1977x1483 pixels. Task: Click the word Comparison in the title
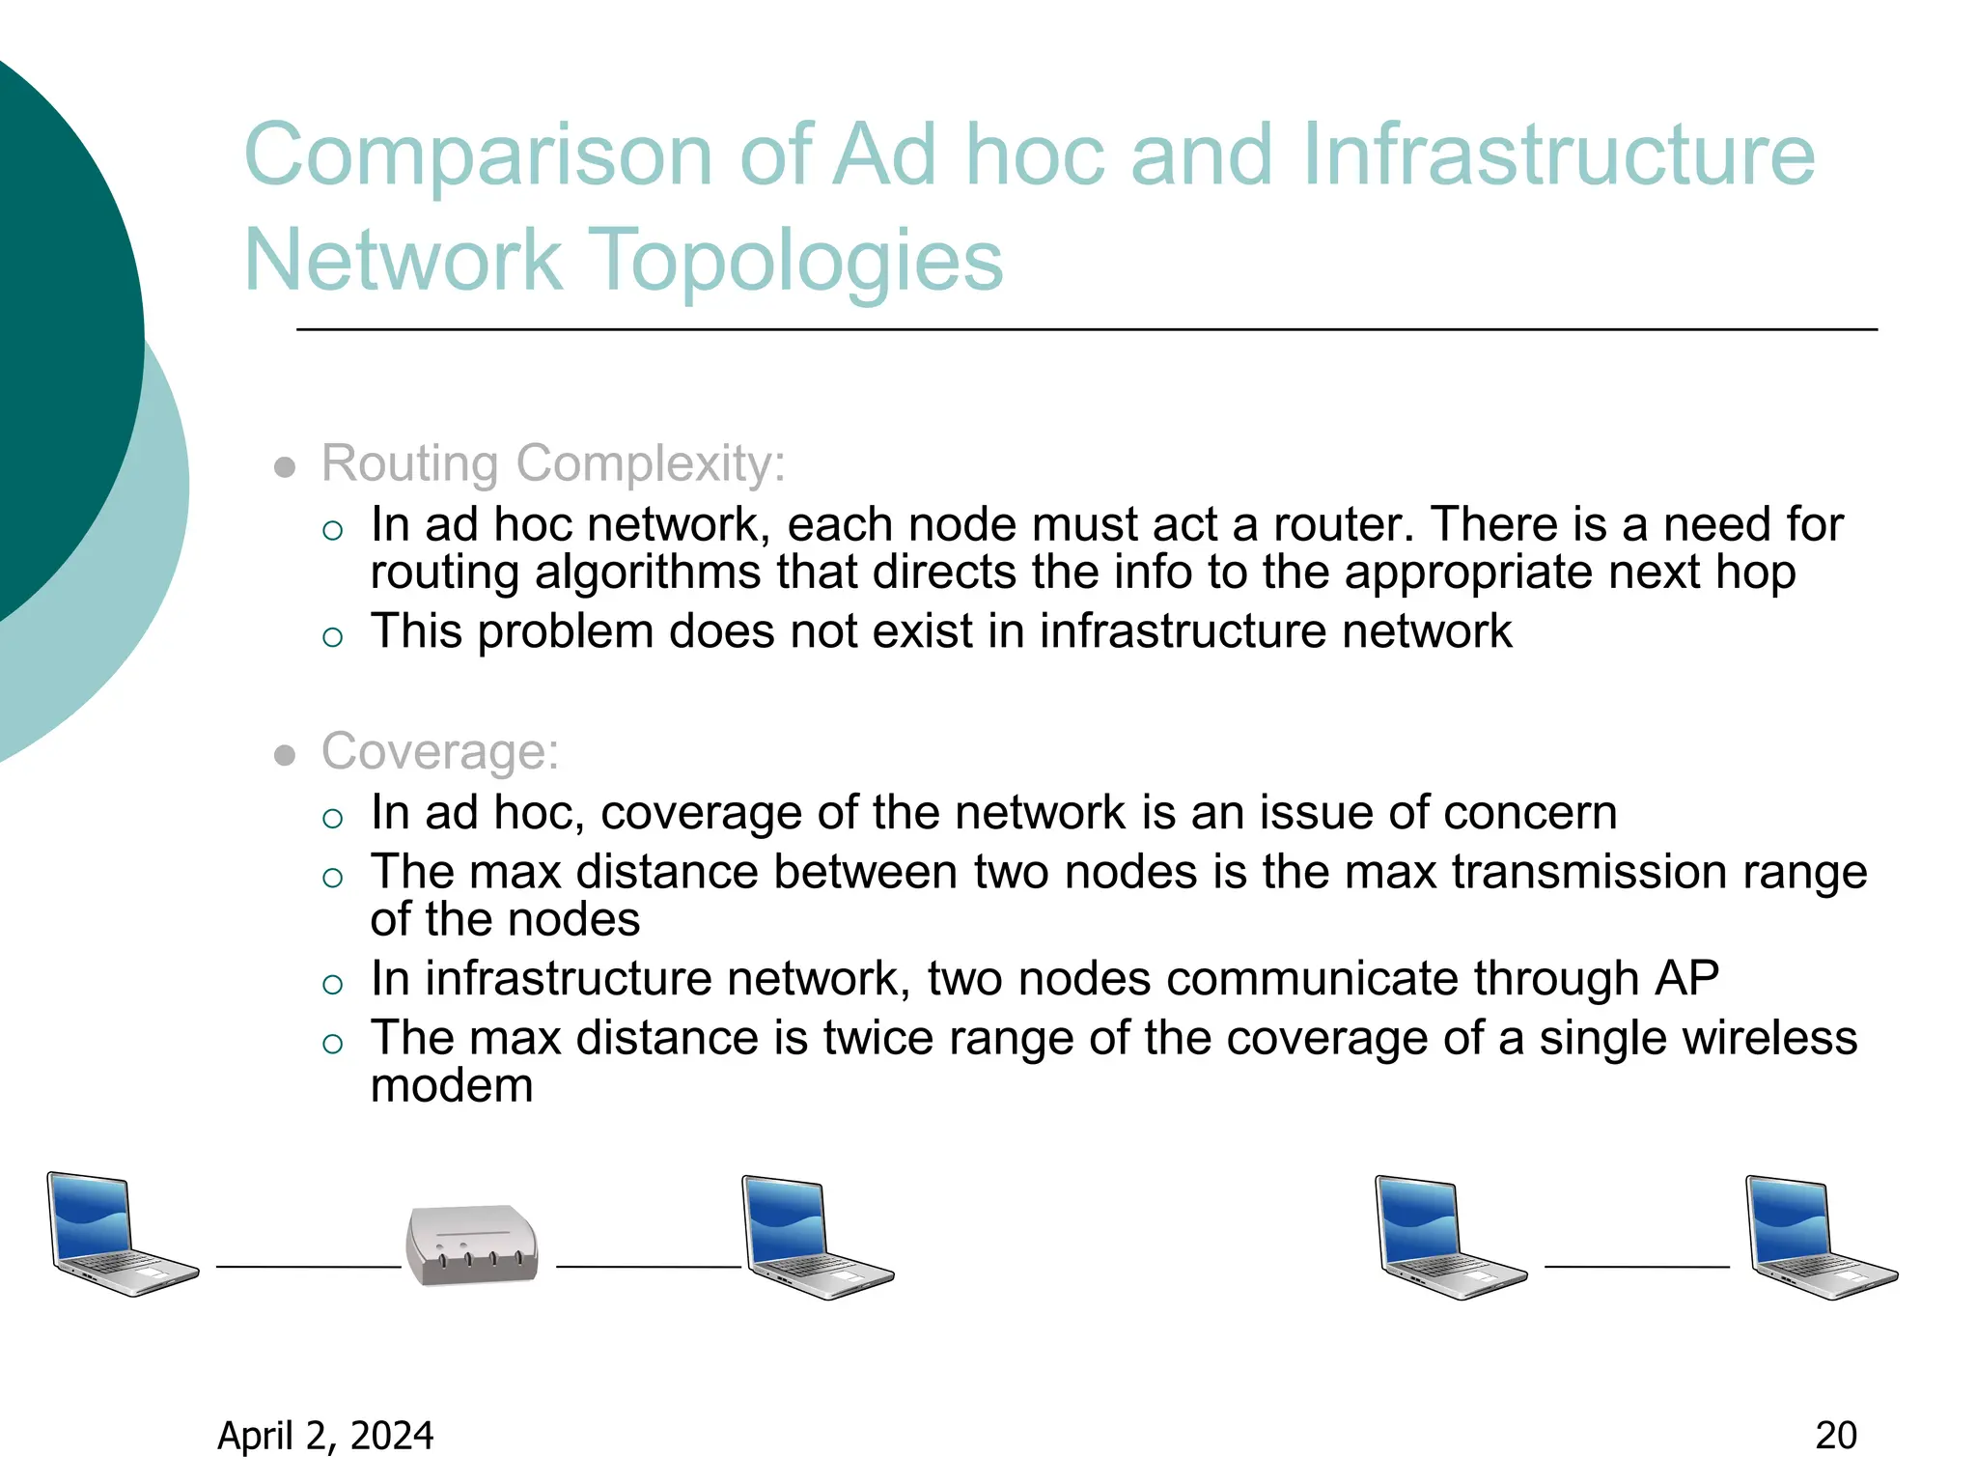click(x=478, y=156)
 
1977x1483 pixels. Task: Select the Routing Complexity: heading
click(x=553, y=463)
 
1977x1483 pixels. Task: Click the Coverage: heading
click(x=440, y=751)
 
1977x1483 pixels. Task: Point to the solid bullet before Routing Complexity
click(x=284, y=468)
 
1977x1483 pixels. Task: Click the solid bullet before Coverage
click(x=284, y=756)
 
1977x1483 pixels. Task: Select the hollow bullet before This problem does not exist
click(x=333, y=636)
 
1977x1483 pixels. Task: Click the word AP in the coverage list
click(x=1686, y=979)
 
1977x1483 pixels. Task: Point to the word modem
click(x=452, y=1086)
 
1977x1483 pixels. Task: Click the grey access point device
click(x=472, y=1245)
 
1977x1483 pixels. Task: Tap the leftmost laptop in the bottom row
click(x=121, y=1234)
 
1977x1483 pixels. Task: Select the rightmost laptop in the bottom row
click(x=1821, y=1238)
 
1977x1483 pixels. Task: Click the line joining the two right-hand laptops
click(x=1637, y=1267)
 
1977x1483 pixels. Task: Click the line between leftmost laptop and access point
click(x=308, y=1267)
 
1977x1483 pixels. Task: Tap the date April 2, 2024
click(x=325, y=1436)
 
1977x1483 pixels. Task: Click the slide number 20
click(x=1835, y=1436)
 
